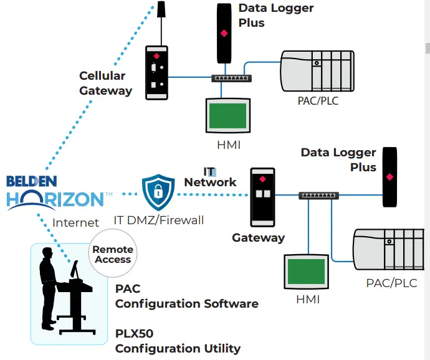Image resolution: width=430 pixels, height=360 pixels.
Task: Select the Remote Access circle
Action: pos(113,254)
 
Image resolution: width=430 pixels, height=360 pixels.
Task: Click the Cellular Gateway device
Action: pos(157,72)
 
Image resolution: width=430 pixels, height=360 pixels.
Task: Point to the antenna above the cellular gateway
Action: pos(161,10)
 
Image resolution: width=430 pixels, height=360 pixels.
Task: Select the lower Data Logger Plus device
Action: pos(390,177)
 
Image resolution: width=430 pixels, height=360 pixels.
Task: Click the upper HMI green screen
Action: pos(227,115)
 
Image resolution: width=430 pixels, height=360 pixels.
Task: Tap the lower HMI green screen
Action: pos(305,272)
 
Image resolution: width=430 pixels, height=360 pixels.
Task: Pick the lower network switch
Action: pos(318,196)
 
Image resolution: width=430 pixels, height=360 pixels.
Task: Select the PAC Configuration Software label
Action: pos(186,296)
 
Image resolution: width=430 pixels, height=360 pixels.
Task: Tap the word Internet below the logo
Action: pos(75,222)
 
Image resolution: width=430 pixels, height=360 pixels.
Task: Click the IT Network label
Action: pos(210,177)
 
